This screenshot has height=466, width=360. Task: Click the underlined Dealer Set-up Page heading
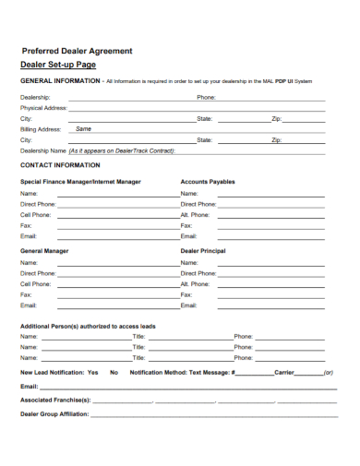58,66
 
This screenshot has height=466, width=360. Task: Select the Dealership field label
35,97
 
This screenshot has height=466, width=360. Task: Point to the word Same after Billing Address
83,129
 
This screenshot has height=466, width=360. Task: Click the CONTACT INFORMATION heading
60,165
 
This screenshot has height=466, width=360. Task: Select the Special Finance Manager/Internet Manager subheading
80,182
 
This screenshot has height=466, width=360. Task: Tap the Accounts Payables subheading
208,182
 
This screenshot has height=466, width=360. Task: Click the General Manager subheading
44,250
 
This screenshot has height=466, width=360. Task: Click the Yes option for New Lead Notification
92,372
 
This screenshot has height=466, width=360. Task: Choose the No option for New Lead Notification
114,372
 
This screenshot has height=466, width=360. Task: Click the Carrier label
284,372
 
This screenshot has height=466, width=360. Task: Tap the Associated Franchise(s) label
55,400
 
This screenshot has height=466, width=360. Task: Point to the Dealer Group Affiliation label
54,414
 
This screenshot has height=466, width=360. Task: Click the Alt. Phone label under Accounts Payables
196,214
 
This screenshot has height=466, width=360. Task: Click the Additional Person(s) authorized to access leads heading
88,327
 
